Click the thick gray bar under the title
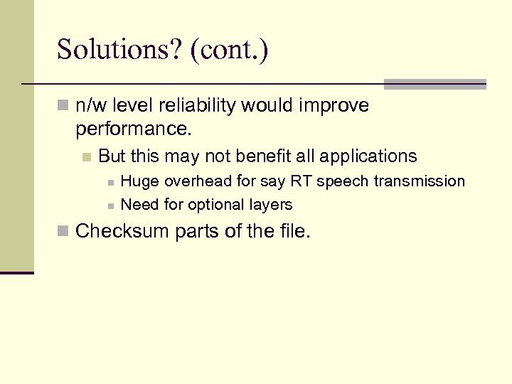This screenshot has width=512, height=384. tap(434, 84)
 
